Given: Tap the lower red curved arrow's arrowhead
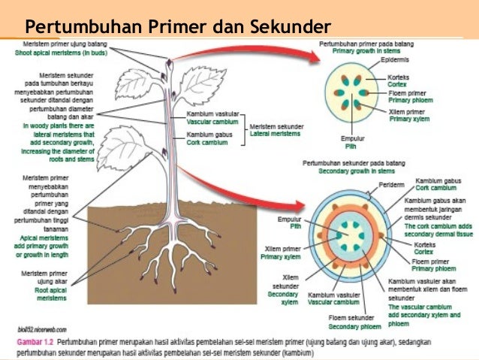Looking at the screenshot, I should click(x=310, y=205).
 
